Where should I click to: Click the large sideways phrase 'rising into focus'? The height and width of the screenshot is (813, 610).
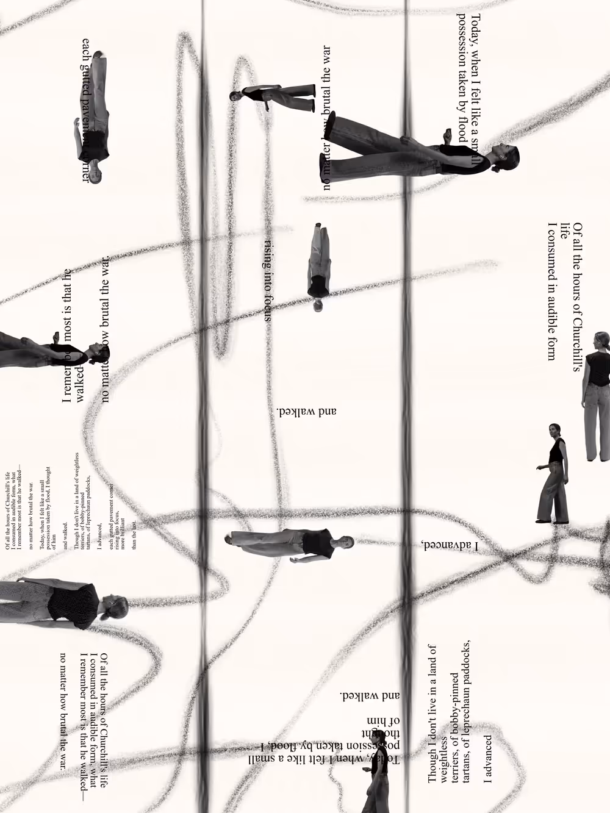(x=267, y=280)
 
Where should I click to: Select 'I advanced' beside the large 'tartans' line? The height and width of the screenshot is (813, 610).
(x=487, y=759)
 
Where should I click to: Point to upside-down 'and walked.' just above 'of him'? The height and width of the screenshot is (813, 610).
(x=369, y=695)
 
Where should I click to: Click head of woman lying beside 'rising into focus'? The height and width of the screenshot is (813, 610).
(x=318, y=304)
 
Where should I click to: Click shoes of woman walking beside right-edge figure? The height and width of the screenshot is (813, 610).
(x=552, y=521)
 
